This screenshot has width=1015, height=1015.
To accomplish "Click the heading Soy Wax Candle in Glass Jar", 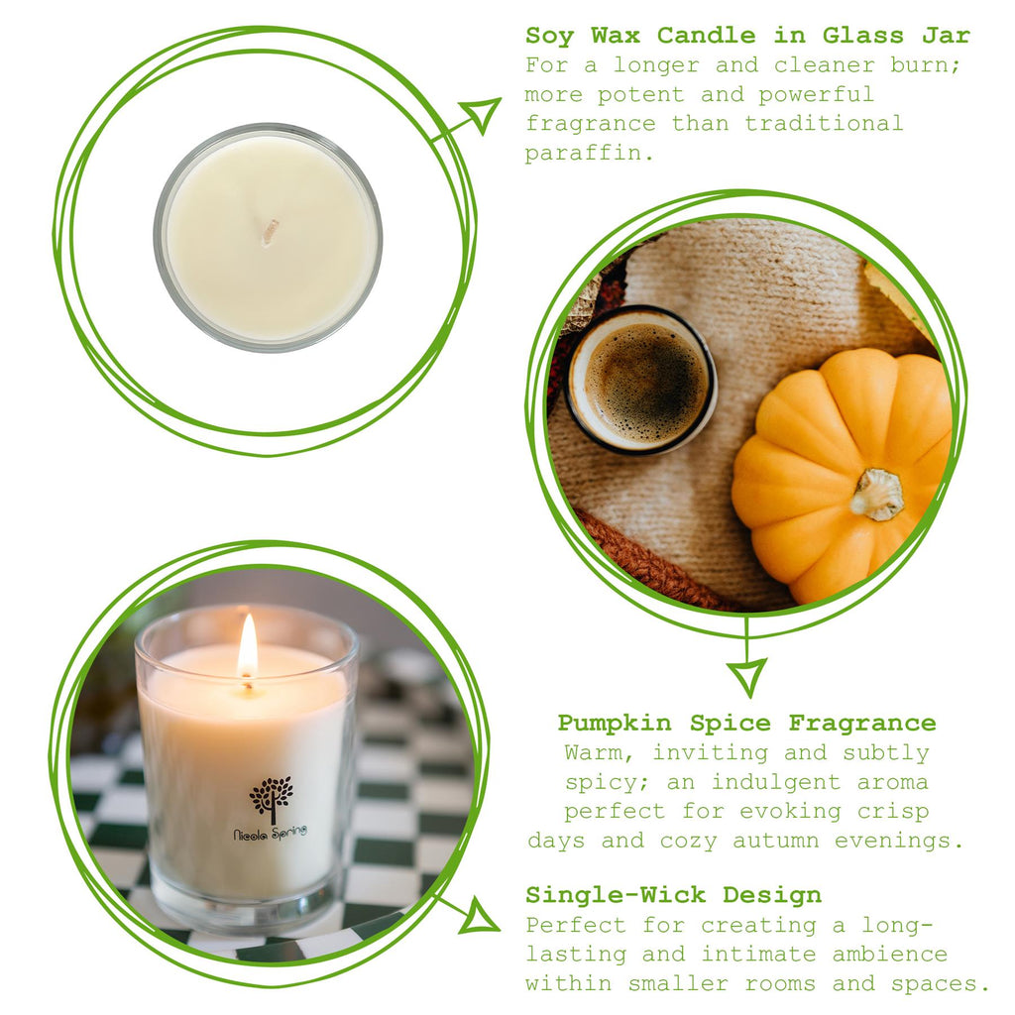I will [x=747, y=36].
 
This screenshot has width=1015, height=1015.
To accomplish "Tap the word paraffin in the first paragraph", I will [x=586, y=154].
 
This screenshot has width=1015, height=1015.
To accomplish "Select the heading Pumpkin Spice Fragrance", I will [x=746, y=723].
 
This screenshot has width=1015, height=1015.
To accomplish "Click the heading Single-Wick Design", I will [x=673, y=895].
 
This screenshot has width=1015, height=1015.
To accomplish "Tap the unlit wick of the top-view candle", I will [x=270, y=232].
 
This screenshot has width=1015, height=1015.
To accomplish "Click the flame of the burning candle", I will [x=247, y=646].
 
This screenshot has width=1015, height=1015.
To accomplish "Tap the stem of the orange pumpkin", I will [x=877, y=494].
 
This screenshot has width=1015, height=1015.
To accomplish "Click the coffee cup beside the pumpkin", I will [x=642, y=380].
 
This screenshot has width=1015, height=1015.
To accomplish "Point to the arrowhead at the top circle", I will [x=483, y=113].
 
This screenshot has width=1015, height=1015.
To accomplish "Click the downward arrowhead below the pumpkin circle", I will [x=746, y=677].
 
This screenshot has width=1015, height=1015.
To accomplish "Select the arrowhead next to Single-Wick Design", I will [x=480, y=916].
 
